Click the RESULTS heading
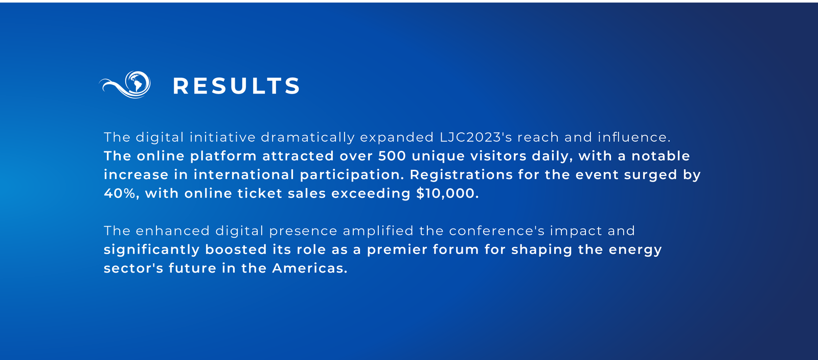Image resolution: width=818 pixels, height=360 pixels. tap(236, 86)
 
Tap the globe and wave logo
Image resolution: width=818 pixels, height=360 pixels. tap(125, 85)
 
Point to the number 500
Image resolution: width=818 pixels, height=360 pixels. tap(392, 156)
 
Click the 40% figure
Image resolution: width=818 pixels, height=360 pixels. tap(120, 193)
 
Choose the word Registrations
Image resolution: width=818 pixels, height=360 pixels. tap(461, 175)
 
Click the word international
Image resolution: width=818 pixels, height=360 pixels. tap(244, 174)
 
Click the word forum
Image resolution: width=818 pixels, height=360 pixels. tap(456, 250)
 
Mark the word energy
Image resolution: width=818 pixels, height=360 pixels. tap(635, 250)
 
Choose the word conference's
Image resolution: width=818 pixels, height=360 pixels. tap(497, 231)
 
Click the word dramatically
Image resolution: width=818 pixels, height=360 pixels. tap(308, 137)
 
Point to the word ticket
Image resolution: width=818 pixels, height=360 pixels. tap(260, 193)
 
